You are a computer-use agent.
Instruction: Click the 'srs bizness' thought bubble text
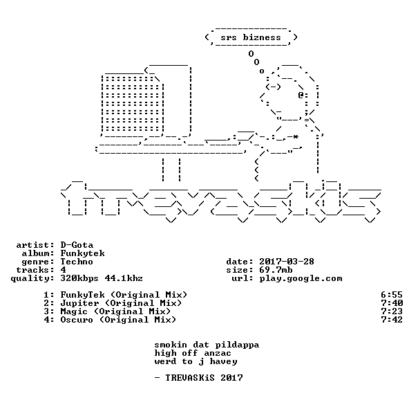click(251, 37)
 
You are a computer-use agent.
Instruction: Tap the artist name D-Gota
click(77, 245)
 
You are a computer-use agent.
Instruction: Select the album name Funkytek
click(82, 253)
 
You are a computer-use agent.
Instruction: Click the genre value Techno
click(77, 262)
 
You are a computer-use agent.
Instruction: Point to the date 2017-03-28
click(287, 262)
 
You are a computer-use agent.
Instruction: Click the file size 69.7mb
click(276, 270)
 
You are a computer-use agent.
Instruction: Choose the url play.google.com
click(301, 279)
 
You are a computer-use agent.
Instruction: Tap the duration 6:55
click(392, 295)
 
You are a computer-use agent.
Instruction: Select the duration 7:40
click(392, 303)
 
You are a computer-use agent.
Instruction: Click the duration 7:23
click(392, 311)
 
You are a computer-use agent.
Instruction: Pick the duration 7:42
click(392, 320)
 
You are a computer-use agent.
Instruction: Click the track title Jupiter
click(79, 303)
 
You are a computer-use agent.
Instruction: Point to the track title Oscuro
click(77, 320)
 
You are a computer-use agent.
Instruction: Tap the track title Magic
click(74, 312)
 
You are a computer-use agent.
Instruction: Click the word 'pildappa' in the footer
click(237, 345)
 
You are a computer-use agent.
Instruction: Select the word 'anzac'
click(218, 354)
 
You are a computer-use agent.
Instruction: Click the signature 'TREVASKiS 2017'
click(204, 378)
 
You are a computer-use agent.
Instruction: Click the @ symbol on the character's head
click(301, 95)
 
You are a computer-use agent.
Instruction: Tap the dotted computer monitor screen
click(133, 104)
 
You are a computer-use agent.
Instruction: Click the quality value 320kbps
click(79, 279)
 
